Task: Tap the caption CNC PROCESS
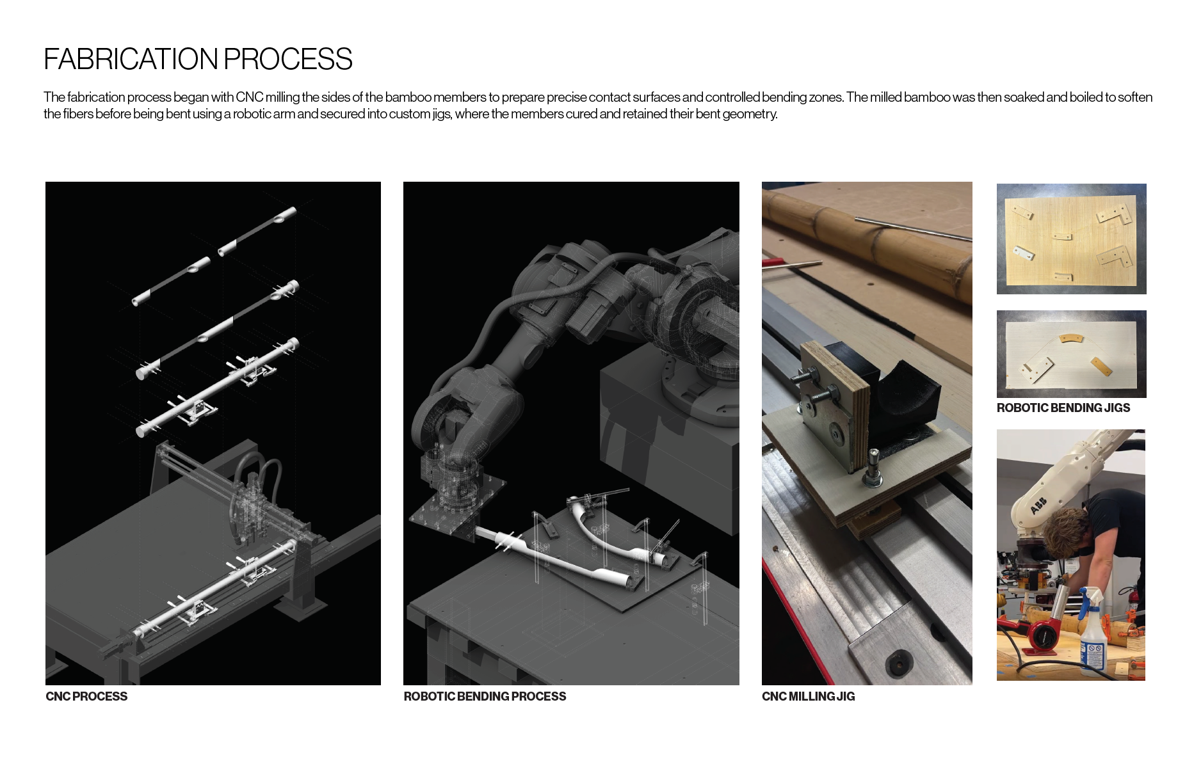tap(86, 696)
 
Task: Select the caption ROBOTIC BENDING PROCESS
tap(485, 696)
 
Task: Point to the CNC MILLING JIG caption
tap(808, 696)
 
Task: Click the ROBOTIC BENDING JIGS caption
tap(1063, 408)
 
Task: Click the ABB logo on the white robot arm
tap(1038, 506)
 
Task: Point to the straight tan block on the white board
tap(1101, 367)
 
